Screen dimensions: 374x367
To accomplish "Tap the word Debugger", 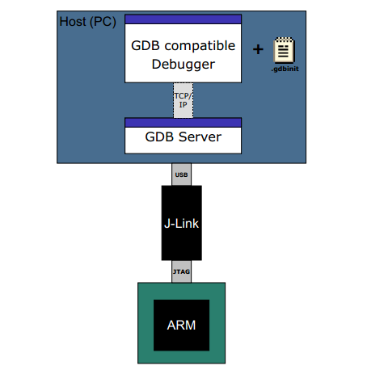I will pos(183,64).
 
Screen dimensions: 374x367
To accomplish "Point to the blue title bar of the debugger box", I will pos(183,19).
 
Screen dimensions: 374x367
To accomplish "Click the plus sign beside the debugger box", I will pos(259,50).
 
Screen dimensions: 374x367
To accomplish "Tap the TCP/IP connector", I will pos(183,100).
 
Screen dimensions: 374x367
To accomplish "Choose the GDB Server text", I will pos(183,137).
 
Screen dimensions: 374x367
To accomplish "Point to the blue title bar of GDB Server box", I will pos(183,121).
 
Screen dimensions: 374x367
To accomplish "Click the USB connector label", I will pos(182,174).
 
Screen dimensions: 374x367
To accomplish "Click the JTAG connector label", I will pos(182,272).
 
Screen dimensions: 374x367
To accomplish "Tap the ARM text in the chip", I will pos(182,325).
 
